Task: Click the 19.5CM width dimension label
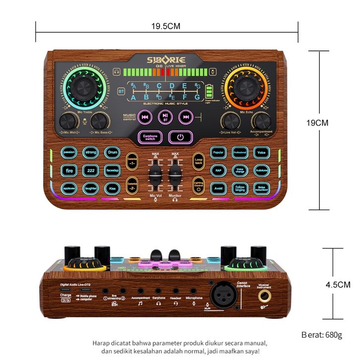166,26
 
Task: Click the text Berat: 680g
322,335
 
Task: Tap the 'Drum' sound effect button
113,153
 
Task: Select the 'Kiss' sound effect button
113,188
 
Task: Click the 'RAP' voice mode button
218,171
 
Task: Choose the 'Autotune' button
261,171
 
